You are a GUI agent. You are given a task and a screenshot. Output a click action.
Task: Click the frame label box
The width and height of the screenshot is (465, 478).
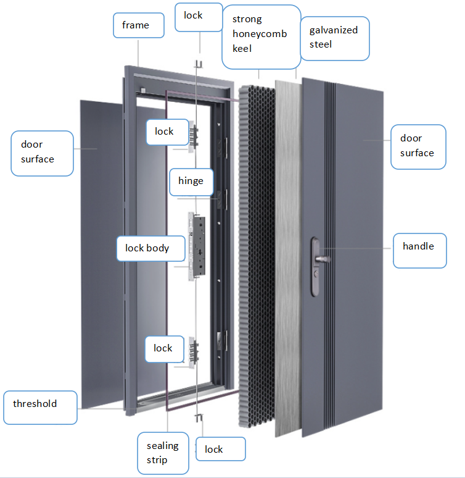pyautogui.click(x=139, y=25)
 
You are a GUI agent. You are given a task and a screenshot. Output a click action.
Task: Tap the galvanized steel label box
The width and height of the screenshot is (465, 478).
pyautogui.click(x=335, y=38)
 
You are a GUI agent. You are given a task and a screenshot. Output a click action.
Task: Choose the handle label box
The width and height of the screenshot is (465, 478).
pyautogui.click(x=419, y=251)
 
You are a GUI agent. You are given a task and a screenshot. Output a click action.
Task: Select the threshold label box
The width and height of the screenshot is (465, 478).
pyautogui.click(x=40, y=407)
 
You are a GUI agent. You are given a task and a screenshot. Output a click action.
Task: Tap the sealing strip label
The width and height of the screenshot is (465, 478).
pyautogui.click(x=163, y=453)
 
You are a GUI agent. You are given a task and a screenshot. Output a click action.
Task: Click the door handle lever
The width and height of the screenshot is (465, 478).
pyautogui.click(x=323, y=259)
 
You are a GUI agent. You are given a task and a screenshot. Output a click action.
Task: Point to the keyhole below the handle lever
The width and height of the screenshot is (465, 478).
pyautogui.click(x=316, y=274)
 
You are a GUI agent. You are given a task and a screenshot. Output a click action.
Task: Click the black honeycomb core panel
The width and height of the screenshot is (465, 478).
pyautogui.click(x=257, y=256)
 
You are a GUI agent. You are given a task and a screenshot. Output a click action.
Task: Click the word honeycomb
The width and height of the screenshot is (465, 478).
pyautogui.click(x=260, y=34)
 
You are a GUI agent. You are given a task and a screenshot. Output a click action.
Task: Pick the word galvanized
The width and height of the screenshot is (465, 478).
pyautogui.click(x=334, y=30)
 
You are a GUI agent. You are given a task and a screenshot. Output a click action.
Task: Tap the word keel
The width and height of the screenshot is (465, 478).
pyautogui.click(x=242, y=48)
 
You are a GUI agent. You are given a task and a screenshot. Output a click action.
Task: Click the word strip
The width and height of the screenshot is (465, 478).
pyautogui.click(x=157, y=460)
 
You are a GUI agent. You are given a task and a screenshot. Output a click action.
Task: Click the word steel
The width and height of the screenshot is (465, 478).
pyautogui.click(x=320, y=44)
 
